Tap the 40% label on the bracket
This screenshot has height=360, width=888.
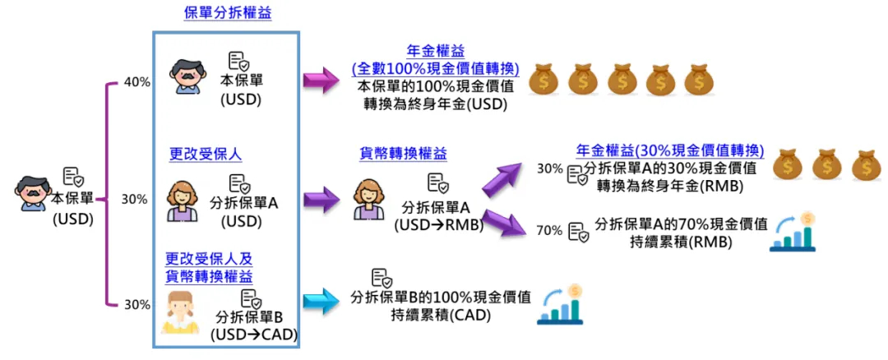[136, 82]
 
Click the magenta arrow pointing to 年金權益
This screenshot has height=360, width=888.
[321, 81]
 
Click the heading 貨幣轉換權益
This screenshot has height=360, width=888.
[404, 154]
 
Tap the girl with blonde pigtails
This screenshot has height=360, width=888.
[181, 312]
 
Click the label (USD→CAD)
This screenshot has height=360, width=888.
[253, 335]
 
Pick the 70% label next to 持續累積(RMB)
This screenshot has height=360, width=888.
[548, 230]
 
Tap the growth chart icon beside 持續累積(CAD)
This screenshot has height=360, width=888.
[562, 305]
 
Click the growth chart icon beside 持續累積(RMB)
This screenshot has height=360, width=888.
[793, 232]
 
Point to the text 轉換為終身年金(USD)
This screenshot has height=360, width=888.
[434, 104]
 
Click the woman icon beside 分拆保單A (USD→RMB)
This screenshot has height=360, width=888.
[369, 201]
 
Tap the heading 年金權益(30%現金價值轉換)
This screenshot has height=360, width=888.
[670, 151]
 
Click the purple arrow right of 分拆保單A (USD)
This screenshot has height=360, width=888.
[321, 198]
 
